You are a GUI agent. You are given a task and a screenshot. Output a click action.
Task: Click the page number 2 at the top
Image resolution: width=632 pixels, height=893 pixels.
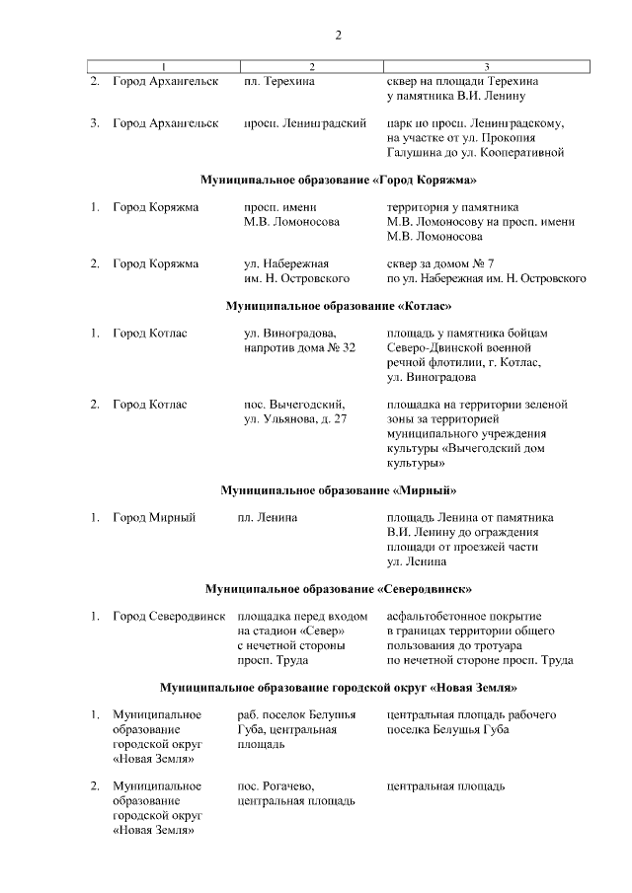point(338,37)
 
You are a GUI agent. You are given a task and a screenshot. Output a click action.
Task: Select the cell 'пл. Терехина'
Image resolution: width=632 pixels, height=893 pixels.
point(279,80)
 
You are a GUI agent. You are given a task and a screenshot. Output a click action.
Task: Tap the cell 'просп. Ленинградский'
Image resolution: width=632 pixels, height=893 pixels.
point(305,123)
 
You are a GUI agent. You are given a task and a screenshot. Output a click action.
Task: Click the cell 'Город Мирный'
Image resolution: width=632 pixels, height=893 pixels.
point(154,518)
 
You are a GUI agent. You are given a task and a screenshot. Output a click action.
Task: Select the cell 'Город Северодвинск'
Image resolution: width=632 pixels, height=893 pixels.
point(169,617)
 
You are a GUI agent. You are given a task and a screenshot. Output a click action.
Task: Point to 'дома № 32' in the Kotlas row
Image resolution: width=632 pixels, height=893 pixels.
point(326,348)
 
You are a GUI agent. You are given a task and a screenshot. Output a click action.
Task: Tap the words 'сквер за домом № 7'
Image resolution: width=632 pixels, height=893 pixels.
point(439,263)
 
